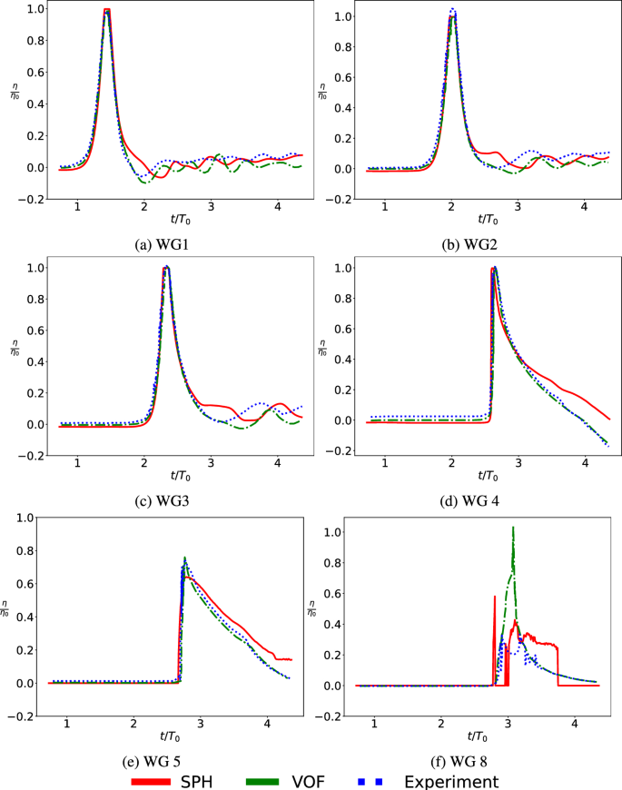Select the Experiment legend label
(451, 780)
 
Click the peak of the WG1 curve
(107, 11)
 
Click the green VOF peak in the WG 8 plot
(513, 528)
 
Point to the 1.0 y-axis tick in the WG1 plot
(34, 10)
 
